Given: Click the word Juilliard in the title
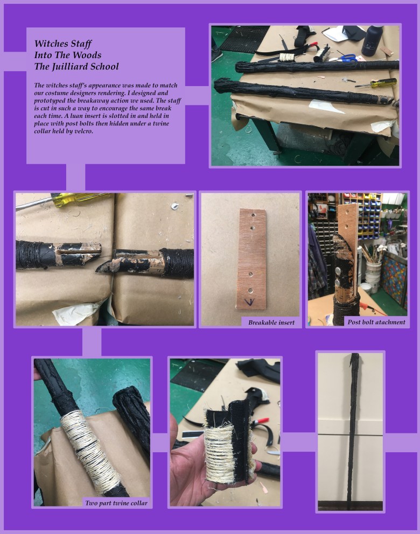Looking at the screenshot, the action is pyautogui.click(x=75, y=66).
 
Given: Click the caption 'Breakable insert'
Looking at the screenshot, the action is pyautogui.click(x=271, y=322).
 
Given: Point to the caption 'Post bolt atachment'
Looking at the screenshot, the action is pyautogui.click(x=376, y=322).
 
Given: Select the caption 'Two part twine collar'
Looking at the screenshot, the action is pyautogui.click(x=116, y=503).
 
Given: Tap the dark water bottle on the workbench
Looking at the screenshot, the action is pyautogui.click(x=372, y=40).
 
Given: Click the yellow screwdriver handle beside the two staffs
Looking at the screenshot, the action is pyautogui.click(x=383, y=82).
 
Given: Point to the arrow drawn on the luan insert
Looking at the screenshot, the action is pyautogui.click(x=250, y=301).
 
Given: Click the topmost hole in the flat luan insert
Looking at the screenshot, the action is pyautogui.click(x=253, y=215).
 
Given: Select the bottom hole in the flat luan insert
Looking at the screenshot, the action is pyautogui.click(x=251, y=290).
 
